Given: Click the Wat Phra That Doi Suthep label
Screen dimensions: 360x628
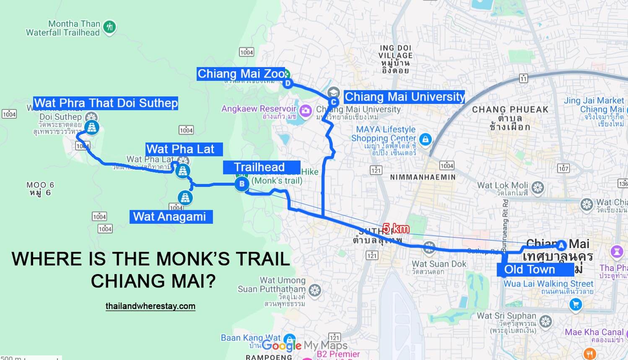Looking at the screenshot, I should click(x=106, y=103).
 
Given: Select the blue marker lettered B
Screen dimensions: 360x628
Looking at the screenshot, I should click(x=241, y=184).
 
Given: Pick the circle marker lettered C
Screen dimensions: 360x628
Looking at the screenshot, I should click(x=334, y=102).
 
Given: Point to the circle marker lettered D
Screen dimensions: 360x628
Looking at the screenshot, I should click(x=288, y=83).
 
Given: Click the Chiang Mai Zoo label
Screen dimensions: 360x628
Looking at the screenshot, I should click(x=241, y=74).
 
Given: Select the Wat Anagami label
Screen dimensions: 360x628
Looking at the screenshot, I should click(x=170, y=217).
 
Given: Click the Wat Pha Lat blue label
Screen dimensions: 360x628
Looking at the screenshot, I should click(x=181, y=149).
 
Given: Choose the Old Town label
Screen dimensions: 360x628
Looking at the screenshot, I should click(x=530, y=269).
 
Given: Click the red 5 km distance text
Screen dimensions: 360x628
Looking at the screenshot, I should click(x=396, y=229).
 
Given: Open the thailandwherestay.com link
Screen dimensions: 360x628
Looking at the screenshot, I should click(x=151, y=306).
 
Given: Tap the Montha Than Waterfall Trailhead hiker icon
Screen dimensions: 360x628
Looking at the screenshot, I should click(x=109, y=27).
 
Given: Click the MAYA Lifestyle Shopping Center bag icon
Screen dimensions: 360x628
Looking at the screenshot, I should click(x=425, y=139).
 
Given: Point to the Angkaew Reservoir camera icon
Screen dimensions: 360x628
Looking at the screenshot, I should click(x=306, y=111).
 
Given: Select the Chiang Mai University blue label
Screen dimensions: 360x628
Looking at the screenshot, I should click(x=405, y=97).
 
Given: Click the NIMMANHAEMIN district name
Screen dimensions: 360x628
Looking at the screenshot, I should click(x=423, y=177).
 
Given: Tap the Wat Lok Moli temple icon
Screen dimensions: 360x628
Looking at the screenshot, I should click(x=538, y=187).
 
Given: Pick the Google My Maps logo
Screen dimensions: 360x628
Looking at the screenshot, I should click(x=304, y=345).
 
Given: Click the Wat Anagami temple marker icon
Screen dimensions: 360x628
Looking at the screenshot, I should click(x=185, y=197).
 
